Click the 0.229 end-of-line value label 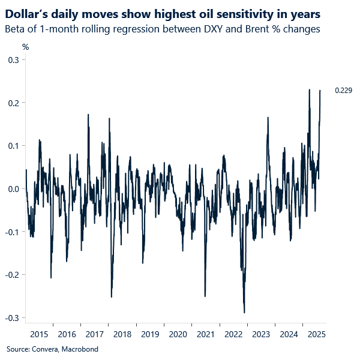[343, 91]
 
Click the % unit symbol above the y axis [25, 47]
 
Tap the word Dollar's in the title [27, 13]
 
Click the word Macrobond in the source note [80, 349]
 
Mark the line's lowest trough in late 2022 [244, 312]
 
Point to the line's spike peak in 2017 [88, 115]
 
